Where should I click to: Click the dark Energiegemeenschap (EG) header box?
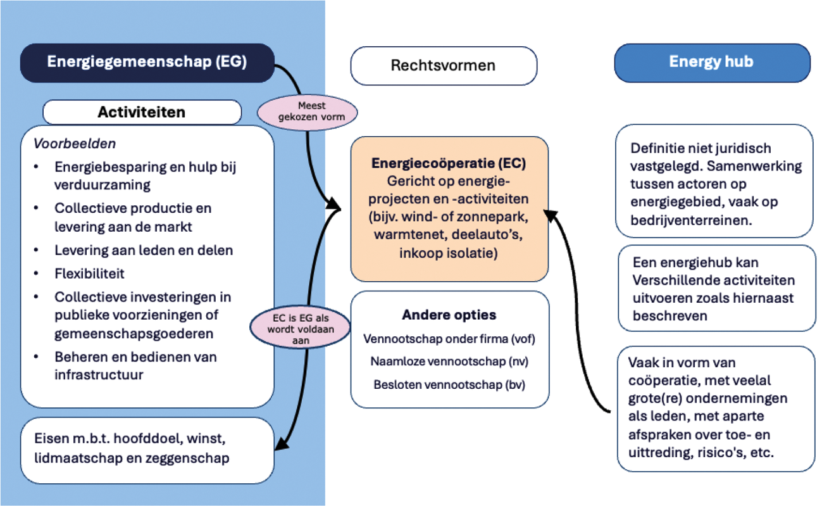coord(147,62)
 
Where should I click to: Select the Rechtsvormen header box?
coord(443,65)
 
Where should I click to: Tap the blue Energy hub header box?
coord(711,62)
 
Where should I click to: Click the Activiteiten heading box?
coord(142,112)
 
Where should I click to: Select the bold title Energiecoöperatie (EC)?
coord(450,163)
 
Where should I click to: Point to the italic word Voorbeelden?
coord(74,144)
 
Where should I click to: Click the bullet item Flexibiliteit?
coord(89,274)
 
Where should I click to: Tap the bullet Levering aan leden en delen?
coord(144,250)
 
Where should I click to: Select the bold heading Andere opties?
coord(449,315)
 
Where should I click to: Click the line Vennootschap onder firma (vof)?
coord(449,339)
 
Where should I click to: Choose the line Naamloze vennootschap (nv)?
coord(449,362)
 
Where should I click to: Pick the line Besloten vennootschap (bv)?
coord(449,384)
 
